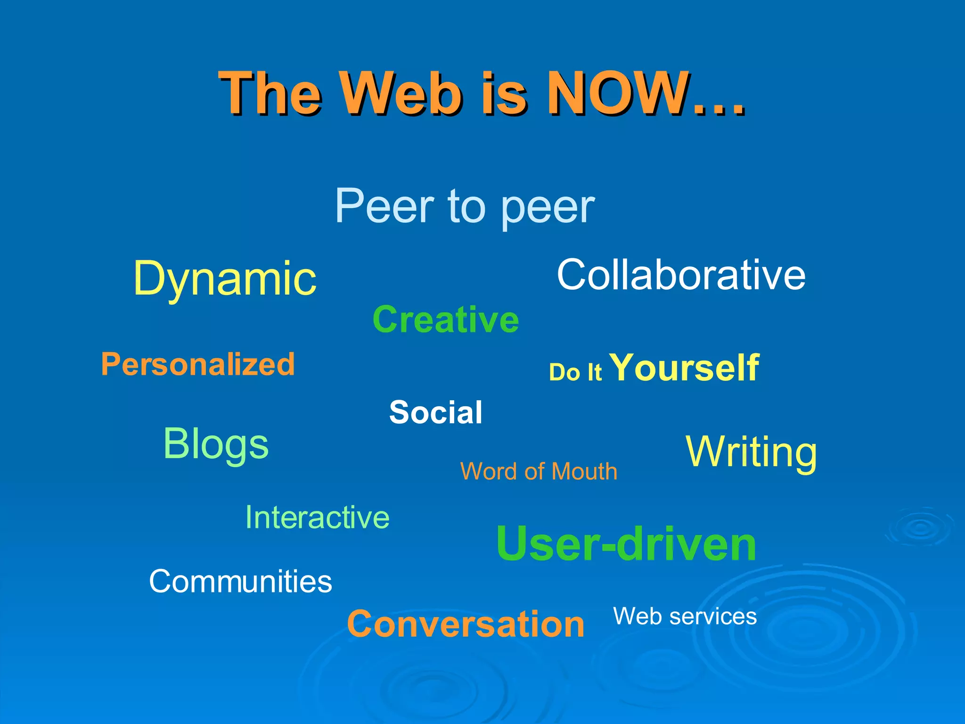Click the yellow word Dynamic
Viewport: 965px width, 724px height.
click(225, 279)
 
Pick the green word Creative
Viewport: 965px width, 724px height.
click(446, 320)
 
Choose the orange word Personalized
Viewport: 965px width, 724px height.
click(198, 364)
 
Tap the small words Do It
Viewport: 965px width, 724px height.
click(575, 372)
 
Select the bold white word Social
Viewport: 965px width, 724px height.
click(436, 412)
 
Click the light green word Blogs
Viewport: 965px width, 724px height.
click(216, 444)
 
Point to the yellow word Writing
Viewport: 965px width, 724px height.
click(751, 452)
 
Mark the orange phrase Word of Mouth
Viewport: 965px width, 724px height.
click(539, 471)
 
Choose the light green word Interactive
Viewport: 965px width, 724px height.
click(317, 518)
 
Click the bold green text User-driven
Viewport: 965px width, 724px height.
click(626, 544)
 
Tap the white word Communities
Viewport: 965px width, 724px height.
click(240, 581)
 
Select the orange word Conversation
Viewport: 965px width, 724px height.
click(466, 624)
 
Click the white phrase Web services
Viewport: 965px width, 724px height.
click(685, 616)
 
